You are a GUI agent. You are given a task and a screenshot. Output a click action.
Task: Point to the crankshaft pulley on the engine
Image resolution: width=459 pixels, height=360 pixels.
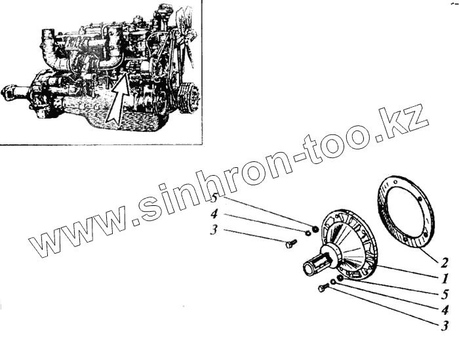tap(186, 98)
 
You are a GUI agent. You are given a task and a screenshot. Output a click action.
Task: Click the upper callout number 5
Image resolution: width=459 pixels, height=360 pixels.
tap(214, 199)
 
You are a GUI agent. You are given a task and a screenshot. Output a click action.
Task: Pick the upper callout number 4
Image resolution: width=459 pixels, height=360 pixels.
tap(214, 214)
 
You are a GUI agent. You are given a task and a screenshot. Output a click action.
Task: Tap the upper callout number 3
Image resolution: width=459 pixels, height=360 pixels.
tap(214, 230)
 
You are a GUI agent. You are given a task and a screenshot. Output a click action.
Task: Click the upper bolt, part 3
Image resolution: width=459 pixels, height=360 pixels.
tap(289, 245)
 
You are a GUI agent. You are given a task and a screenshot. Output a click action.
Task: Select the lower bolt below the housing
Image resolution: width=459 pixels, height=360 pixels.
tap(323, 288)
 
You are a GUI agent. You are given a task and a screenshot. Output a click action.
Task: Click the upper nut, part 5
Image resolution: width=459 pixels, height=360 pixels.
tap(315, 229)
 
